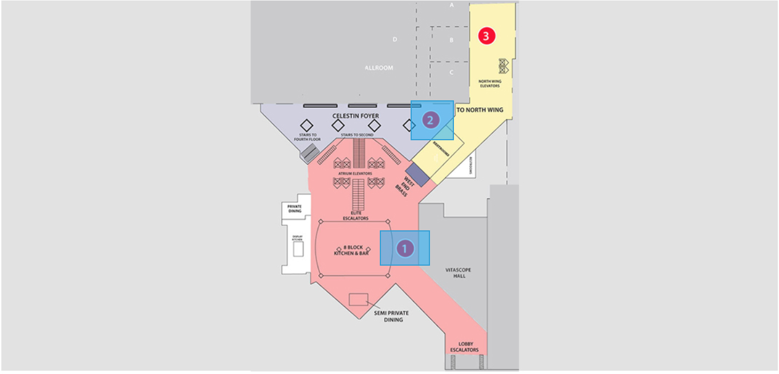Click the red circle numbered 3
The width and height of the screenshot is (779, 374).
click(486, 36)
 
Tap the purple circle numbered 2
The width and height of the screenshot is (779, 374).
click(431, 120)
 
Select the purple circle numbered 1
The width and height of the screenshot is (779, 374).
click(405, 249)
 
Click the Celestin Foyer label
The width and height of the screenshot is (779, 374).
click(355, 116)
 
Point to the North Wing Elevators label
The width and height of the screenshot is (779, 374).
click(489, 84)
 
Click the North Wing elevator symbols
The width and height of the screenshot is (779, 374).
click(504, 66)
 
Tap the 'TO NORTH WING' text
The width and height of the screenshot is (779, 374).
click(480, 109)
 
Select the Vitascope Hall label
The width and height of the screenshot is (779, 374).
click(459, 273)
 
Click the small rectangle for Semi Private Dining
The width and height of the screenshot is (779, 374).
click(358, 299)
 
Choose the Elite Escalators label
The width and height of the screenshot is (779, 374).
click(356, 216)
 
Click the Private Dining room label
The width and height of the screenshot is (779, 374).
click(294, 208)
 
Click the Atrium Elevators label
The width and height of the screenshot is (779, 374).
click(355, 173)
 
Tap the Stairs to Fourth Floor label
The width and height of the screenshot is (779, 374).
click(307, 137)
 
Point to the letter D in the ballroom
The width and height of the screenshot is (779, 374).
click(394, 39)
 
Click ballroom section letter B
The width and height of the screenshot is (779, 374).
click(451, 40)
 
